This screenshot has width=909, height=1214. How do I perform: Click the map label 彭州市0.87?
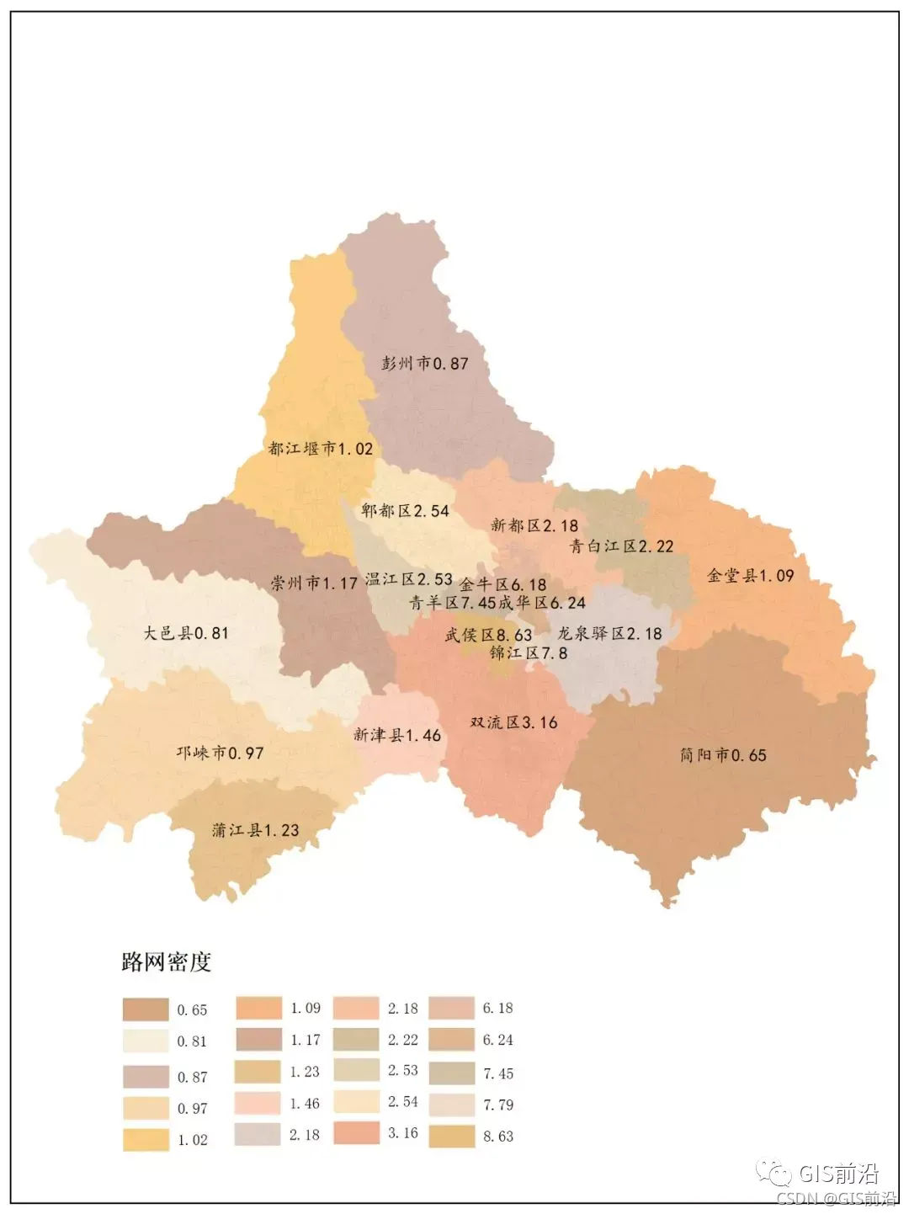coord(424,364)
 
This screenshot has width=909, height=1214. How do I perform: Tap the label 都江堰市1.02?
coord(321,449)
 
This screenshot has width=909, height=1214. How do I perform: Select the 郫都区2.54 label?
coord(405,511)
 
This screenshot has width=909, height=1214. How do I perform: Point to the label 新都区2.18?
coord(534,526)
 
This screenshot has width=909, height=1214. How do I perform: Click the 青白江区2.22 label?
coord(622,546)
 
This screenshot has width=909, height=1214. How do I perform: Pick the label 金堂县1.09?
coord(750,576)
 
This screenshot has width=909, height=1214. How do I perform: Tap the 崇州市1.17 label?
coord(314,583)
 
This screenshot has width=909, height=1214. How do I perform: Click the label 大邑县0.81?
coord(185,633)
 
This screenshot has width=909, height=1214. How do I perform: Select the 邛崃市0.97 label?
coord(220,753)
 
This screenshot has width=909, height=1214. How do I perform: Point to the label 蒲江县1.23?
coord(255,830)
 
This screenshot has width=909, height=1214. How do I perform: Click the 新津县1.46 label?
coord(397,735)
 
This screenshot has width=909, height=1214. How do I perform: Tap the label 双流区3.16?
coord(513,722)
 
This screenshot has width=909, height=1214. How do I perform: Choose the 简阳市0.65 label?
coord(723,755)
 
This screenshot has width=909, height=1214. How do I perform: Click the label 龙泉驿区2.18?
coord(609,633)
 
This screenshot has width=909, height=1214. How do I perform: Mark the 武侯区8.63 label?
coord(488,635)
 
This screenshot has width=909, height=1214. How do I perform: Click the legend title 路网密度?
coord(166,961)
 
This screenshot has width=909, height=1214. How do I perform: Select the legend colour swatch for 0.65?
coord(146,1009)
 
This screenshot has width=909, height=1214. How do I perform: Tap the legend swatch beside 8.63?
coord(452,1137)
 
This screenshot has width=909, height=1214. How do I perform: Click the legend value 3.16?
coord(402,1133)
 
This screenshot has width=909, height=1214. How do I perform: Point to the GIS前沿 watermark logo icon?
coord(773,1173)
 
